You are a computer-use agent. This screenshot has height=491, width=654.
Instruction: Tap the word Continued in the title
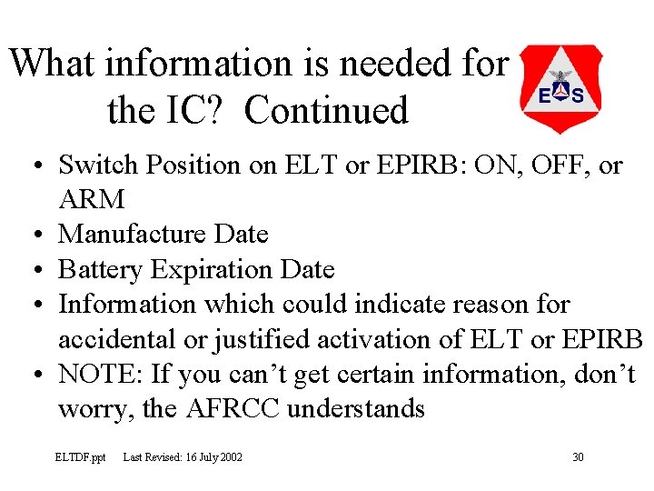(x=327, y=110)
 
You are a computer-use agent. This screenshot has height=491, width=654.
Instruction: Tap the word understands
(x=356, y=408)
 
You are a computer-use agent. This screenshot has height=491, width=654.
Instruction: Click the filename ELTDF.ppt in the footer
(x=80, y=456)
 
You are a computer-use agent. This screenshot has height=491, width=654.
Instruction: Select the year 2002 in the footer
(x=230, y=456)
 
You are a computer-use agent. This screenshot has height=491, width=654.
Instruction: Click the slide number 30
(x=578, y=456)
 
